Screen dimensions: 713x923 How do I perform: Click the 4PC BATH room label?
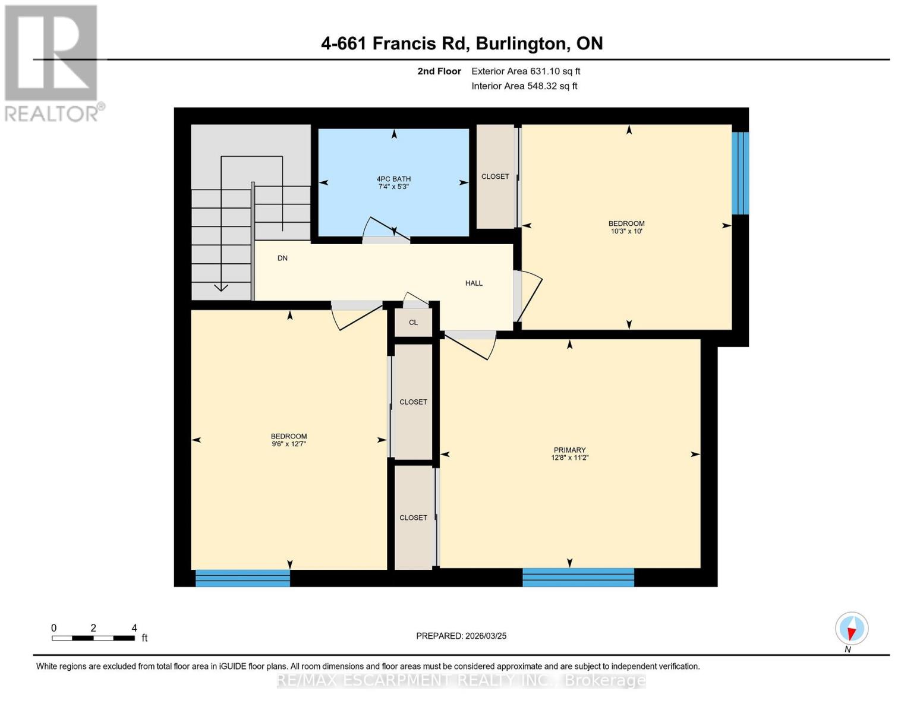click(x=393, y=179)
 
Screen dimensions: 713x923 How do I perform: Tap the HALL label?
click(x=474, y=283)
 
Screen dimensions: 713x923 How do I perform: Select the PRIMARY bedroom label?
click(x=569, y=450)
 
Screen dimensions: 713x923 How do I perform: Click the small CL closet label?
click(x=413, y=323)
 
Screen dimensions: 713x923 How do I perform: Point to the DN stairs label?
click(x=282, y=258)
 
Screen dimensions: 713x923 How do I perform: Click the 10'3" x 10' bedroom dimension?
click(x=626, y=231)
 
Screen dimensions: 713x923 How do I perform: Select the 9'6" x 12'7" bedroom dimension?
click(x=289, y=444)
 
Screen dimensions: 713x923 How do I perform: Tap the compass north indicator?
click(x=852, y=629)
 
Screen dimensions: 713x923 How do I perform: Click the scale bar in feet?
click(x=93, y=638)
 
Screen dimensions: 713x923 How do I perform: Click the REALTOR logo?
click(x=52, y=62)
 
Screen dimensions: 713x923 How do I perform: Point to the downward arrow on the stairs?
click(x=221, y=288)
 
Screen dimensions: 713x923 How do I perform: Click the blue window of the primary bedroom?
click(x=578, y=577)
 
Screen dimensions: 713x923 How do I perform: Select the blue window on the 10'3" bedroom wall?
click(x=740, y=173)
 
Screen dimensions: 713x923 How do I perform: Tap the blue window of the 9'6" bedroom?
click(x=242, y=578)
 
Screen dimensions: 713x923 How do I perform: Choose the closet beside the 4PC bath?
click(x=495, y=176)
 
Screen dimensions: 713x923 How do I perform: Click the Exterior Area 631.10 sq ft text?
click(x=525, y=71)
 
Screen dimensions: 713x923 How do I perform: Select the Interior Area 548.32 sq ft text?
click(x=524, y=86)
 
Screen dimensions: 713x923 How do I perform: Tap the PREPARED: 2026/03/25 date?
click(x=461, y=636)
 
